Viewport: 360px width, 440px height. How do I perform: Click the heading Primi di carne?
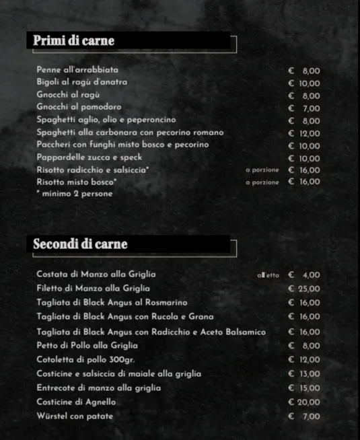tap(74, 42)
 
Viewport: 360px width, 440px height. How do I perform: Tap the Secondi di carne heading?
tap(80, 244)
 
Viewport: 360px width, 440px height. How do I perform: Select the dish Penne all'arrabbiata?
tap(77, 70)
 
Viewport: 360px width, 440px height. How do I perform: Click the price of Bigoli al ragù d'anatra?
tap(304, 83)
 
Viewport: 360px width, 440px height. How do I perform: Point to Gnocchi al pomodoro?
tap(79, 108)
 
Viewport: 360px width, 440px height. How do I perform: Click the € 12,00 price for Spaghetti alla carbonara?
tap(304, 133)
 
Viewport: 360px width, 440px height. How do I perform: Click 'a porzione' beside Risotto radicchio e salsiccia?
tap(262, 170)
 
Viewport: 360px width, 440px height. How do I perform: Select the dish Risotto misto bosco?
tap(77, 182)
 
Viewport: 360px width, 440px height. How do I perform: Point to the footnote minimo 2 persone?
tap(75, 194)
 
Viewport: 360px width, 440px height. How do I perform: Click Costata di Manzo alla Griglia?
tap(96, 274)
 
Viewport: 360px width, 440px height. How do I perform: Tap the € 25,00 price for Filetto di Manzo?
tap(304, 289)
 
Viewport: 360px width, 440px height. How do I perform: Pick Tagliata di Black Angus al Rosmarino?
tap(112, 303)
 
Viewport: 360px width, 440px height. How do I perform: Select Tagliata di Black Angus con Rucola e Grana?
tap(125, 316)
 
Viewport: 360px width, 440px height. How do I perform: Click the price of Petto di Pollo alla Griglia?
tap(304, 346)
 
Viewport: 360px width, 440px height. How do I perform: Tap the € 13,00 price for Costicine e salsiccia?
tap(304, 374)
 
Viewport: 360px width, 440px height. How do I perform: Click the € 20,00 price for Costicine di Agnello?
tap(304, 402)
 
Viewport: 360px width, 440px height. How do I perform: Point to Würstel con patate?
tap(75, 416)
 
